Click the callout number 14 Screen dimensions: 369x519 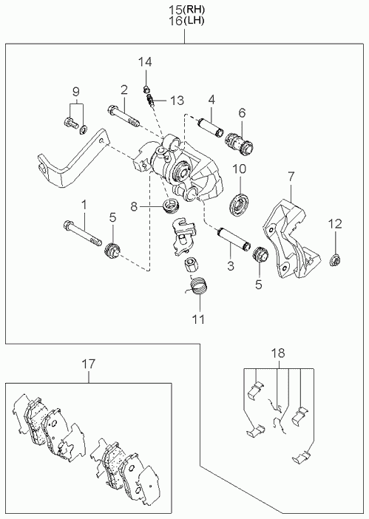[145, 62]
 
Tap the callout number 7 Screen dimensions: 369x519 [291, 177]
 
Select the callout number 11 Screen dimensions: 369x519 [198, 319]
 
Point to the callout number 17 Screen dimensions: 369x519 [89, 364]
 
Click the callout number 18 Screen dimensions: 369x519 [278, 353]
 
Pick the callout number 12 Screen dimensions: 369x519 [335, 224]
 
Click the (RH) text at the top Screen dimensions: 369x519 [194, 9]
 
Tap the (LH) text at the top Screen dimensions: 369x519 [194, 21]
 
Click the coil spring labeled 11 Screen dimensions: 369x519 [197, 285]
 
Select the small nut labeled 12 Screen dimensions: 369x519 [335, 260]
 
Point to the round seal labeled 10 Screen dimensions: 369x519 [238, 206]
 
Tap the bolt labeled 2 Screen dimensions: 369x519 [123, 117]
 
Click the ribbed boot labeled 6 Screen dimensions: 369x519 [240, 145]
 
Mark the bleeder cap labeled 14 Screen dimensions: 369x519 [145, 89]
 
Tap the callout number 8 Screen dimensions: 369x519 [133, 207]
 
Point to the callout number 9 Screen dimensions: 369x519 [76, 91]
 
